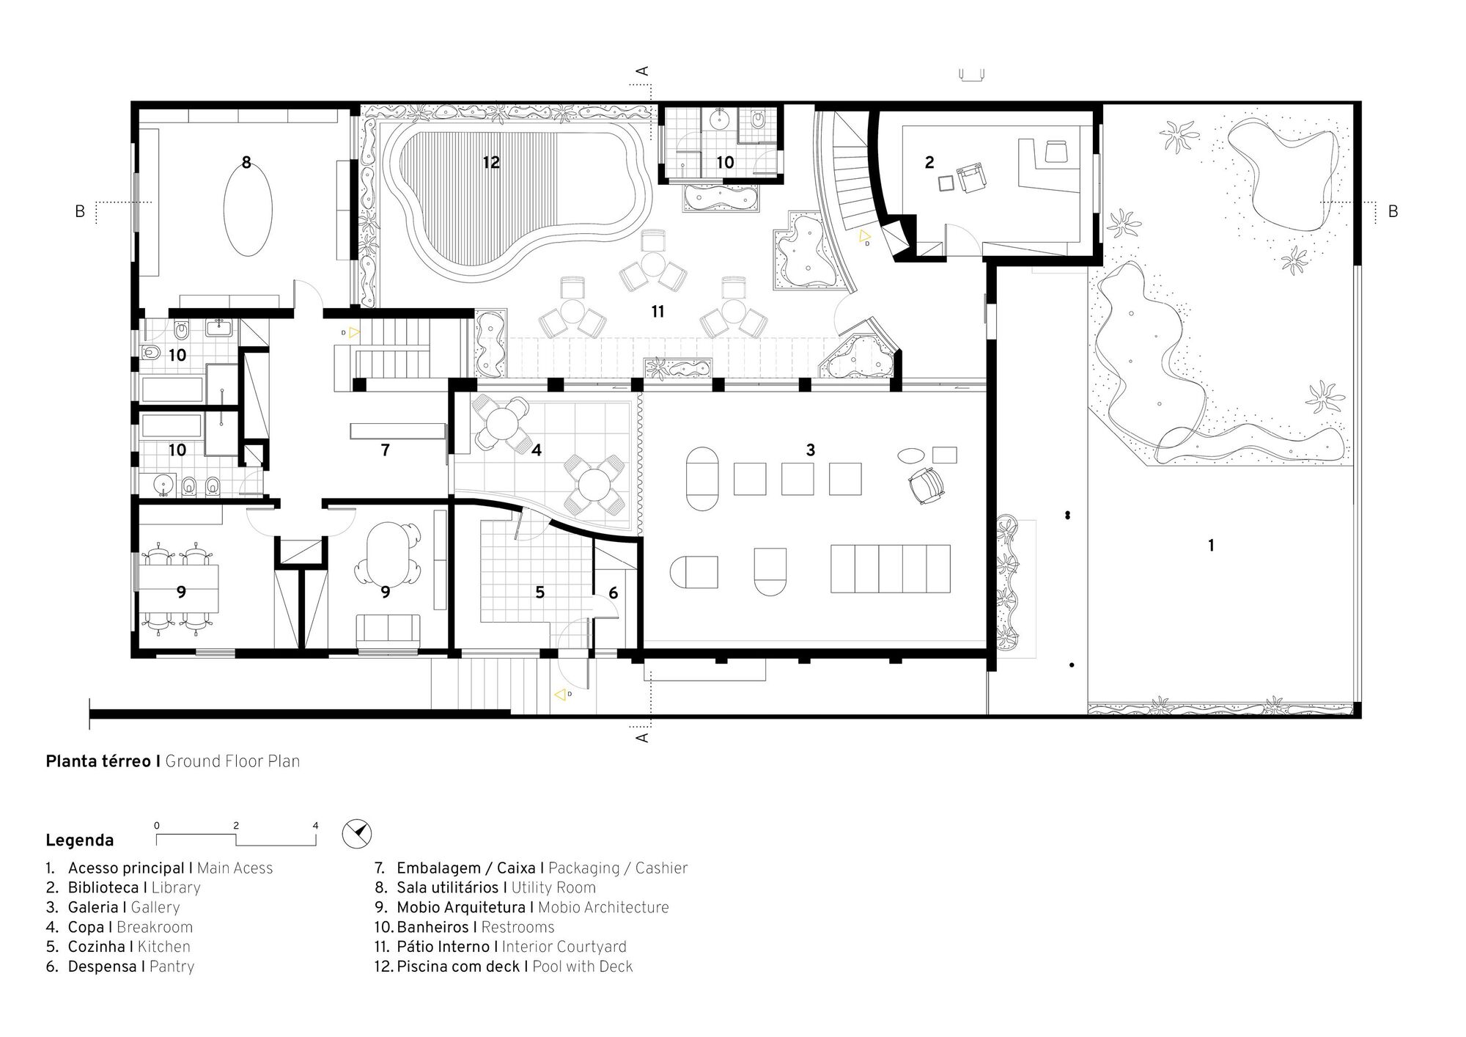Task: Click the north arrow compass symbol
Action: pyautogui.click(x=357, y=834)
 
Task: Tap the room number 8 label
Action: pyautogui.click(x=246, y=162)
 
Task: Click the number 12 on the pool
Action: pyautogui.click(x=491, y=162)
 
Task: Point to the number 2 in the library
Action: pyautogui.click(x=929, y=162)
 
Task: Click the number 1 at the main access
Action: pyautogui.click(x=1211, y=545)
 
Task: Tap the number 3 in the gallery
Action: pyautogui.click(x=810, y=450)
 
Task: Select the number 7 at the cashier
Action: pyautogui.click(x=386, y=450)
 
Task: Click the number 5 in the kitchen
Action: pyautogui.click(x=539, y=592)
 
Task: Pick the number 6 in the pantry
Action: pyautogui.click(x=613, y=592)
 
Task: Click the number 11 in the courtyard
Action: pyautogui.click(x=658, y=312)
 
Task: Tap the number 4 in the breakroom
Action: pyautogui.click(x=537, y=450)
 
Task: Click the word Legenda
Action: pyautogui.click(x=80, y=840)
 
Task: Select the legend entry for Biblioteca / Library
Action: pyautogui.click(x=122, y=887)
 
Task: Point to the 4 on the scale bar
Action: pyautogui.click(x=315, y=825)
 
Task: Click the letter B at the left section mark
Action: pyautogui.click(x=80, y=211)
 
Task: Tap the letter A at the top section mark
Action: pyautogui.click(x=643, y=71)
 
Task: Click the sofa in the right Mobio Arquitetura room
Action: pyautogui.click(x=388, y=633)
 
